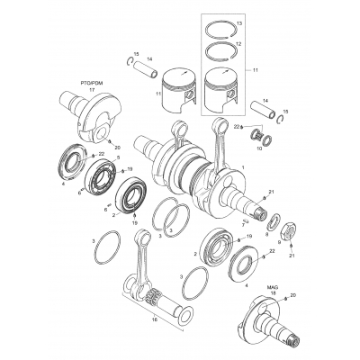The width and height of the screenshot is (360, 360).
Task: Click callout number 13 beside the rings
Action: pos(238,20)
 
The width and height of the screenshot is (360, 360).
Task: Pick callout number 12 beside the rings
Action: pos(238,42)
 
